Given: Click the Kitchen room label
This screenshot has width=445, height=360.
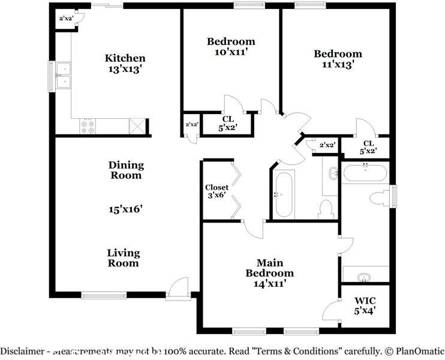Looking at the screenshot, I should coord(125,58).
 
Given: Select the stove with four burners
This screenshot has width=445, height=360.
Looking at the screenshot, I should coord(88,126).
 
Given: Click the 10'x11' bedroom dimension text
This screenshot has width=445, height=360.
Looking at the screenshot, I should coord(231,52).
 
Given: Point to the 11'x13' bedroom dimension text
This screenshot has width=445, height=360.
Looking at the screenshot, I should coord(338,65).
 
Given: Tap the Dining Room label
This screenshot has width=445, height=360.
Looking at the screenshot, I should coord(126,170).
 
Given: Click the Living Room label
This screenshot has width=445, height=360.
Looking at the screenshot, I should coord(124,258).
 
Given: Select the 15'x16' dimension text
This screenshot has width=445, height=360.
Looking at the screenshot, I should coord(125,209).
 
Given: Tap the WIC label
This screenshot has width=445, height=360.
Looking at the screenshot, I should coord(365,299).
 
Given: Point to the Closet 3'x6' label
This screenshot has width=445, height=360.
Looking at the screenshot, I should coord(217,191).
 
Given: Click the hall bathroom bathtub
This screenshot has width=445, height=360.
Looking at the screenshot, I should coord(284,194).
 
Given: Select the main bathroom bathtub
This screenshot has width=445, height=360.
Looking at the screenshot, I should coord(365,174).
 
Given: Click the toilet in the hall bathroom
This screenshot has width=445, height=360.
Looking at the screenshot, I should coord(326,208).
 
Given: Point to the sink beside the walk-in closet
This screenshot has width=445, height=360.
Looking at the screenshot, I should coord(364,277).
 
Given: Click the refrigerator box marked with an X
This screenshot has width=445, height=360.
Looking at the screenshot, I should coord(138,126).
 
